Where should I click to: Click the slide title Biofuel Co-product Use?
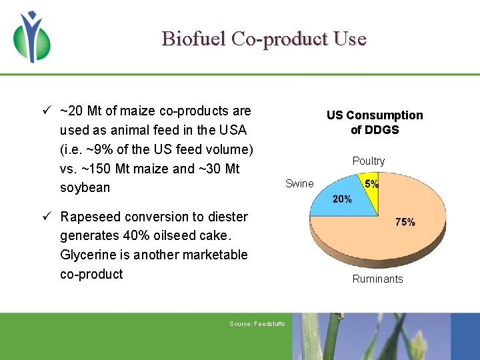[x=264, y=39]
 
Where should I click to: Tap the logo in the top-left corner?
[x=31, y=37]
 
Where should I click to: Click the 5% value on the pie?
[x=371, y=183]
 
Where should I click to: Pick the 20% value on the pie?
[x=342, y=199]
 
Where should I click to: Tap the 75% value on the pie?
[x=405, y=222]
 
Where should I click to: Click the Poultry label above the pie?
[x=369, y=161]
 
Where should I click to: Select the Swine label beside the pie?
[x=299, y=184]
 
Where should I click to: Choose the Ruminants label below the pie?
[x=377, y=279]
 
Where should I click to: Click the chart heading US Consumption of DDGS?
[x=375, y=122]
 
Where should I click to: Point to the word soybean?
[x=85, y=188]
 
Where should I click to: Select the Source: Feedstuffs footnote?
[x=257, y=324]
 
